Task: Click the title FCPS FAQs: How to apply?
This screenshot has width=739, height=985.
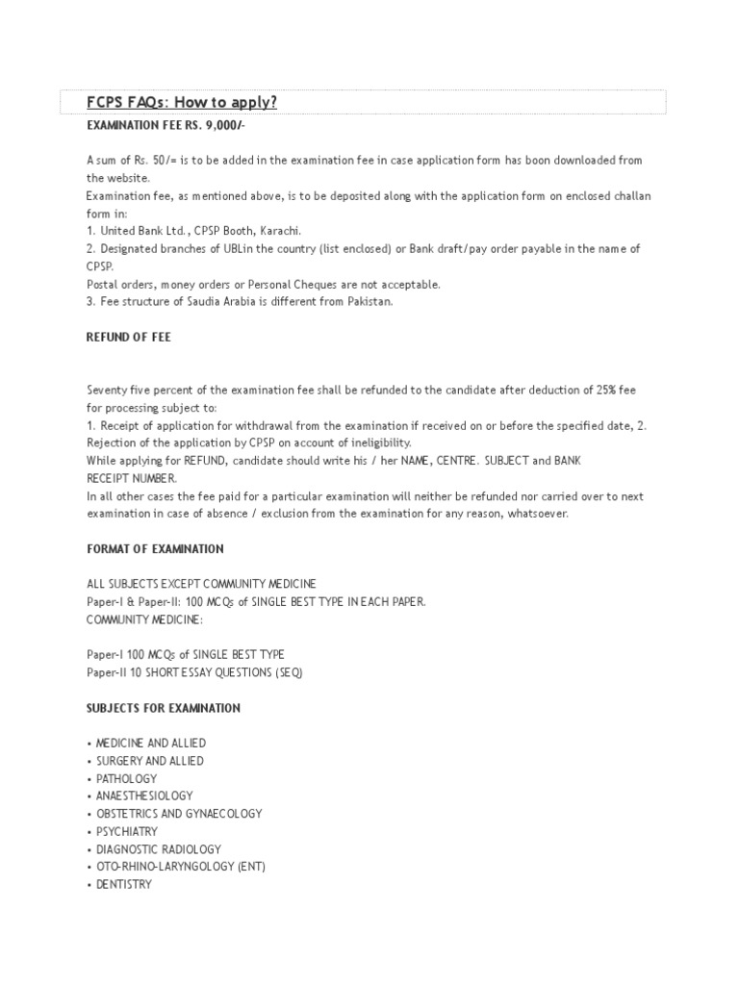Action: [x=174, y=103]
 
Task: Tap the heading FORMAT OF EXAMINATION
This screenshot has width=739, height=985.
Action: [x=155, y=549]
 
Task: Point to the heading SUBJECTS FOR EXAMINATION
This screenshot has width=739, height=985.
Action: [x=163, y=708]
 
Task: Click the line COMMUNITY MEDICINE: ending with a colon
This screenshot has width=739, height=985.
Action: [x=140, y=619]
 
